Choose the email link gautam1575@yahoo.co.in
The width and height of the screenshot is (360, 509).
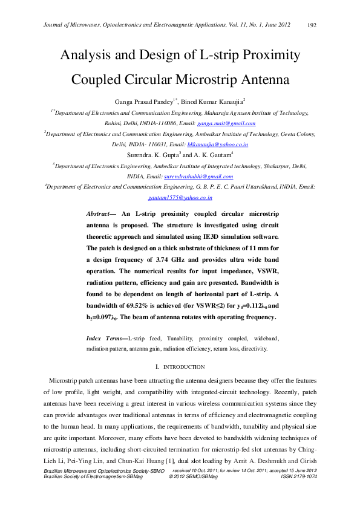(x=180, y=198)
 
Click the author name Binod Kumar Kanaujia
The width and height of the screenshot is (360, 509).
(x=212, y=102)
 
